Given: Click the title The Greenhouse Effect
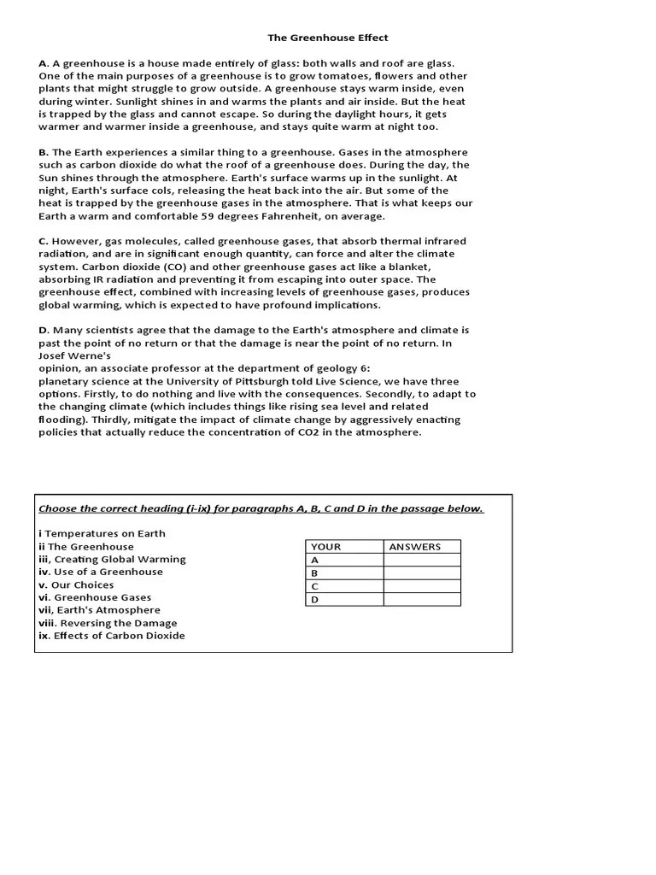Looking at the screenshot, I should pyautogui.click(x=328, y=38).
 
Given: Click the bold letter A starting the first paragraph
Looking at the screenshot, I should pyautogui.click(x=43, y=63).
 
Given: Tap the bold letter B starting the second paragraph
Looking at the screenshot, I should pyautogui.click(x=43, y=152).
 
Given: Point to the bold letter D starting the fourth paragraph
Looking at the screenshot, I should pyautogui.click(x=43, y=330).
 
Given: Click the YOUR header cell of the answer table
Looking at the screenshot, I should pyautogui.click(x=344, y=547).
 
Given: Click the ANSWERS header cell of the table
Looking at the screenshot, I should pyautogui.click(x=422, y=547).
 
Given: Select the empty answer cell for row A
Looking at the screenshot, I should pyautogui.click(x=422, y=560).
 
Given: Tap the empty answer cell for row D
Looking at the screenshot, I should pyautogui.click(x=422, y=599).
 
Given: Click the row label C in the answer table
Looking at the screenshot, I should pyautogui.click(x=315, y=586).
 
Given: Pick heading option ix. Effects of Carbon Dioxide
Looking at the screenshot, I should pyautogui.click(x=111, y=636).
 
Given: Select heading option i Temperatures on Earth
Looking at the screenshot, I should pyautogui.click(x=102, y=533).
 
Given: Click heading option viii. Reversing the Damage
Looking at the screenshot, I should pyautogui.click(x=108, y=623).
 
